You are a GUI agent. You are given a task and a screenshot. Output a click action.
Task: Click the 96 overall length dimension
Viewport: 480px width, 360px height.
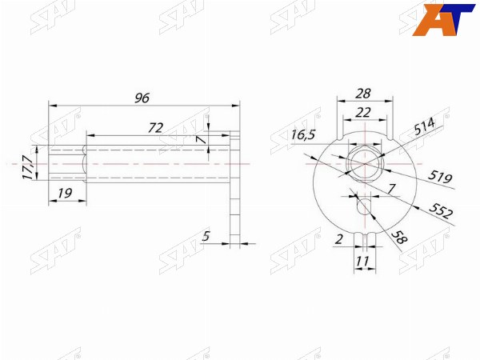pos(142,98)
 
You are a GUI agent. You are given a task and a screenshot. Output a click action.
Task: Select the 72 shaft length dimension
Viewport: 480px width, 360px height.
pos(155,128)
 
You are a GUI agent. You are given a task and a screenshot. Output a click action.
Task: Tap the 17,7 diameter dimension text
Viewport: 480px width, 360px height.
pos(27,167)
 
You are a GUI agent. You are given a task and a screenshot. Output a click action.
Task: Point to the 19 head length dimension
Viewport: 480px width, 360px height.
pos(65,193)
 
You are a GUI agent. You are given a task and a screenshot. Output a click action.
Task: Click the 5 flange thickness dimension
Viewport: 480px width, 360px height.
pos(206,236)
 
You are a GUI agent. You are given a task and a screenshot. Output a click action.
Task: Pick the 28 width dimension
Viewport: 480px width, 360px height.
pos(363,94)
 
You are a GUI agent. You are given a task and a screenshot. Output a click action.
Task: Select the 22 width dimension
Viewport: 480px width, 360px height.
pos(363,113)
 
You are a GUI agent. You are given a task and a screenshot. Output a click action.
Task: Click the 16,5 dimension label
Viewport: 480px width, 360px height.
pos(303,134)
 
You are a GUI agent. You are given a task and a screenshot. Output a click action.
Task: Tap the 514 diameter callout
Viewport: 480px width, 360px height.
pos(424,126)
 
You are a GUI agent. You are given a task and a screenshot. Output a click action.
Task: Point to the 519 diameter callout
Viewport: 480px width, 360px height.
pos(440,177)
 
